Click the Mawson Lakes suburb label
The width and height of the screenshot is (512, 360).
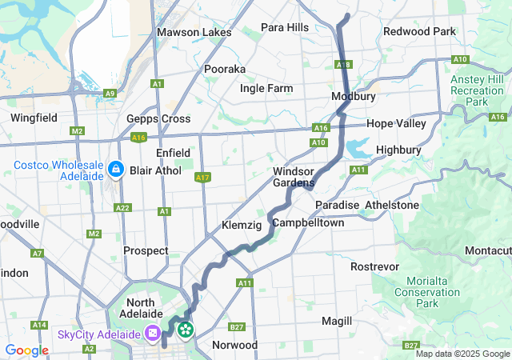click(x=194, y=33)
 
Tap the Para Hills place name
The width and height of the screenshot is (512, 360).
click(x=285, y=27)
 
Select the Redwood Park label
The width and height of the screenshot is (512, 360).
click(x=419, y=32)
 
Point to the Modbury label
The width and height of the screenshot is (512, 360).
click(x=354, y=96)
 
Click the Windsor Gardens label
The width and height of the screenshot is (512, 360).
click(x=298, y=178)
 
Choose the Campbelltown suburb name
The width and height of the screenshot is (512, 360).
click(x=308, y=222)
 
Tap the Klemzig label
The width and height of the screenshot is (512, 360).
click(x=242, y=226)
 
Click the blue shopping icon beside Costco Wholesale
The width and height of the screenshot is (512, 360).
click(x=117, y=170)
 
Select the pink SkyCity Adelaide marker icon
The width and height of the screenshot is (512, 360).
click(x=153, y=333)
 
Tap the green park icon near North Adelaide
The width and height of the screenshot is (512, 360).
click(x=186, y=328)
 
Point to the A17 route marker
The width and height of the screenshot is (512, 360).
click(x=202, y=178)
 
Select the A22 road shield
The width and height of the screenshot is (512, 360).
click(x=122, y=208)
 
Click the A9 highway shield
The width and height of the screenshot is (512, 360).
click(x=110, y=94)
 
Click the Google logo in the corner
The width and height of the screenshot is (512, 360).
click(x=26, y=350)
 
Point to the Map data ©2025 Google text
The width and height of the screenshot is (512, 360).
click(x=462, y=354)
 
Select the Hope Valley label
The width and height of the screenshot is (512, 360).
click(x=397, y=124)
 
